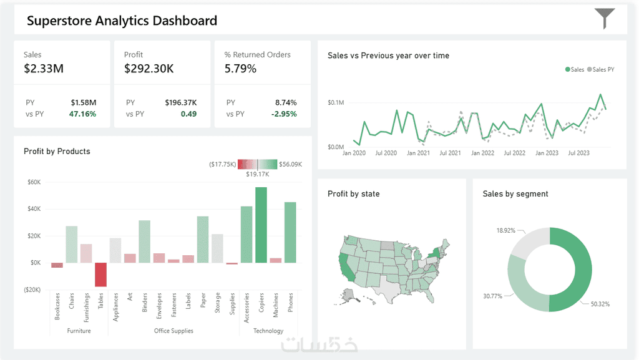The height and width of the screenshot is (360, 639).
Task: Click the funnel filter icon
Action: tap(604, 18)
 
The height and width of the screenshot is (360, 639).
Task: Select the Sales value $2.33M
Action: tap(44, 69)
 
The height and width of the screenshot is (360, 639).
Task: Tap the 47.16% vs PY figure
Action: tap(82, 114)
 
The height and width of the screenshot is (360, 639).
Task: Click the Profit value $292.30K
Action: tap(149, 69)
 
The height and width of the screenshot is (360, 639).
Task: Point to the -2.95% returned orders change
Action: tap(284, 114)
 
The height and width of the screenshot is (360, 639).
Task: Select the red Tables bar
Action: tap(100, 275)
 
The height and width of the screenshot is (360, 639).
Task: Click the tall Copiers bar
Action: tap(261, 225)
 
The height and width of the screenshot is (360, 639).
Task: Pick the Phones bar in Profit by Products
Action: tap(290, 232)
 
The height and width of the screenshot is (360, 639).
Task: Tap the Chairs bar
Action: tap(72, 245)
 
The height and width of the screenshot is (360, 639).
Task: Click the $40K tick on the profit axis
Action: tap(34, 209)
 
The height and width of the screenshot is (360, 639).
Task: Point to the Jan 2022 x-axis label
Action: tap(482, 153)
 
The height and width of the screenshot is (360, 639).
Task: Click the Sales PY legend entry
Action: tap(601, 70)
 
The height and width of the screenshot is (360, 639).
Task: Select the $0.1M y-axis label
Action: tap(336, 102)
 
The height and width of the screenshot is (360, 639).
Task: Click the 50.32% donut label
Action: tap(600, 304)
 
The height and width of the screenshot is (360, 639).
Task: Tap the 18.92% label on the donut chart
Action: tap(505, 230)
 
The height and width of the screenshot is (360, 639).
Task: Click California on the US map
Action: tap(347, 267)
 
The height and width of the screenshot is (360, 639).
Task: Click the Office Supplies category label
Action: tap(173, 331)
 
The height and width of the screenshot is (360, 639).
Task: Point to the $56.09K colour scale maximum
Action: tap(291, 164)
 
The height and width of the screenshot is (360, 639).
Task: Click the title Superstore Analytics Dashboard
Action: tap(122, 21)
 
